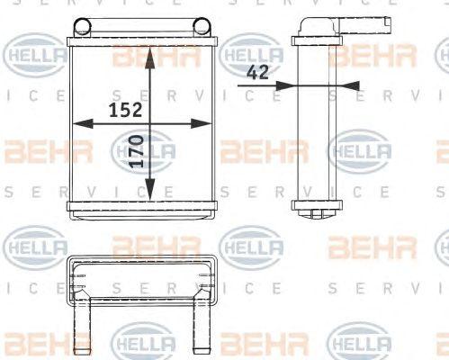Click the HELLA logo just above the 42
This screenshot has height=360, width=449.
(251, 54)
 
